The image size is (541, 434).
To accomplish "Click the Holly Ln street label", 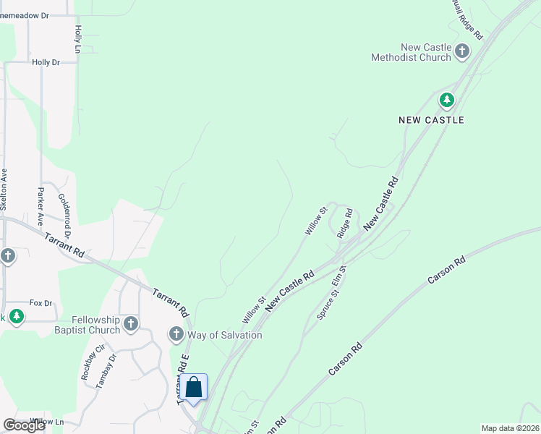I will pos(77,39).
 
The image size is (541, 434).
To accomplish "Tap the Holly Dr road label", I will pos(46,63).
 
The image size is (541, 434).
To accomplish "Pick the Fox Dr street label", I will pos(41,303).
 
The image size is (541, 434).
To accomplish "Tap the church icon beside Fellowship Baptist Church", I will pos(131,323).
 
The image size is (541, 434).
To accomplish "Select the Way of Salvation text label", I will pos(224,335).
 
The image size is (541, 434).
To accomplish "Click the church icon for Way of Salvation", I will pos(176,334).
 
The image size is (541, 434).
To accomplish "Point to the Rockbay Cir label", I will pos(88,367).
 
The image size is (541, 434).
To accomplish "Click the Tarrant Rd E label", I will pos(184,380).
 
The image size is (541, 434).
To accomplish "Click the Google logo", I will pos(24,425).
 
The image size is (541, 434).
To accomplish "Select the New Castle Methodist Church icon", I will pos(462,51).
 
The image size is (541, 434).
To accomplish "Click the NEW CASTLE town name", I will pos(431,119).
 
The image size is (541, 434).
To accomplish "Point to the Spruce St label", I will pos(326,306).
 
